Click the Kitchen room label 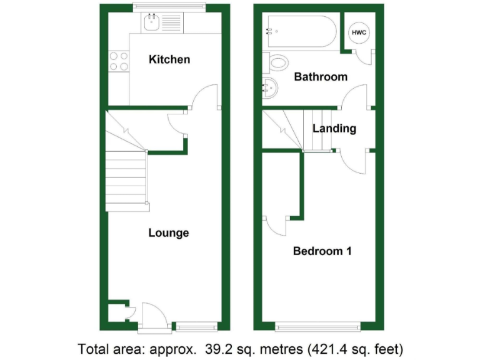(x=169, y=60)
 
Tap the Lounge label (x=168, y=233)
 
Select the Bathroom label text (x=320, y=77)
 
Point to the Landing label (x=334, y=129)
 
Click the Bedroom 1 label (x=322, y=251)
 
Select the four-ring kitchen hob (x=119, y=61)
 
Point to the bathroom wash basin (x=269, y=89)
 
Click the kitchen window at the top (x=169, y=7)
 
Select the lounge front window (x=196, y=326)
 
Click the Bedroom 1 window (x=317, y=326)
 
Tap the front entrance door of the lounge (x=150, y=316)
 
